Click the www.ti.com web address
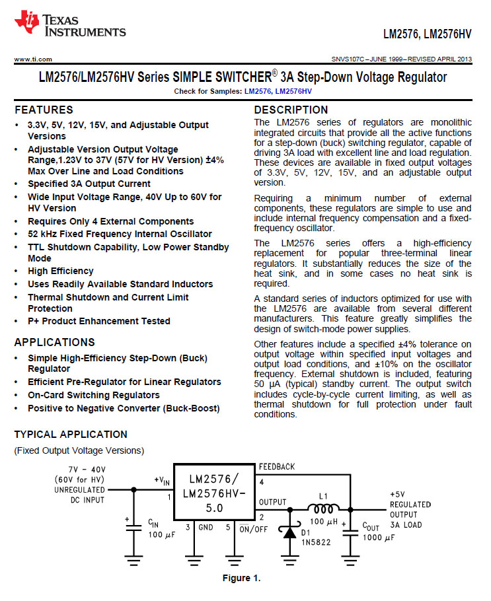pyautogui.click(x=33, y=59)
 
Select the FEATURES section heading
pyautogui.click(x=44, y=110)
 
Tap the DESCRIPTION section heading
pyautogui.click(x=291, y=110)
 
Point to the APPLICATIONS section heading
pyautogui.click(x=54, y=342)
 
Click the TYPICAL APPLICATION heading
pyautogui.click(x=71, y=435)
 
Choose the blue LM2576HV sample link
pyautogui.click(x=293, y=90)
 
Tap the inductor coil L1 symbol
pyautogui.click(x=324, y=508)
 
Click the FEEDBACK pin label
pyautogui.click(x=277, y=466)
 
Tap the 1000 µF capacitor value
pyautogui.click(x=379, y=538)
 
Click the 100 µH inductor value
pyautogui.click(x=323, y=522)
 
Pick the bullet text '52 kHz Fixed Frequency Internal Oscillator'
pyautogui.click(x=120, y=234)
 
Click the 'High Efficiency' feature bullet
pyautogui.click(x=61, y=271)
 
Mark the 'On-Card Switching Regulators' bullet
pyautogui.click(x=93, y=395)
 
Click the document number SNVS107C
pyautogui.click(x=352, y=59)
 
